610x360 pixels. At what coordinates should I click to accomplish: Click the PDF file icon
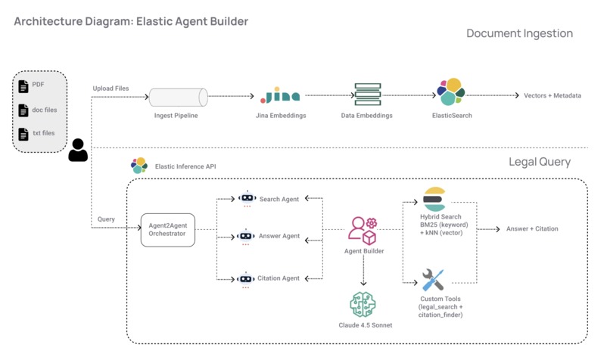pos(23,86)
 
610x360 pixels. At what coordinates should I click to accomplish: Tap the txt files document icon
pos(23,134)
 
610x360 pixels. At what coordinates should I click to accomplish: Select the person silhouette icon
pos(78,151)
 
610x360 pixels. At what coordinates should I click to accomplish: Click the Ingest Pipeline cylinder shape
pos(179,98)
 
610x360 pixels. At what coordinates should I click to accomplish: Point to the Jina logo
pos(280,97)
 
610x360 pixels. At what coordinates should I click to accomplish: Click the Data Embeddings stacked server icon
pos(368,95)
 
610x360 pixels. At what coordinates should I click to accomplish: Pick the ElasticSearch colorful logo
pos(451,92)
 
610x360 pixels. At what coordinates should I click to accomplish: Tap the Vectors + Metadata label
pos(552,96)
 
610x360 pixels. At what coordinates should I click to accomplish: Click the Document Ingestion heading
pos(519,33)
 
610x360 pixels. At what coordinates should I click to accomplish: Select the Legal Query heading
pos(540,162)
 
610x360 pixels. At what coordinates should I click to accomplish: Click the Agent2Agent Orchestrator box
pos(168,230)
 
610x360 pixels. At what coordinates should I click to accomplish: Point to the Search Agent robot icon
pos(247,199)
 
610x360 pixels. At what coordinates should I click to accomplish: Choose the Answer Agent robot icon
pos(247,237)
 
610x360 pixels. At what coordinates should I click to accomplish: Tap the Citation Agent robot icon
pos(247,279)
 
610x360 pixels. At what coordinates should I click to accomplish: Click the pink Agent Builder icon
pos(363,230)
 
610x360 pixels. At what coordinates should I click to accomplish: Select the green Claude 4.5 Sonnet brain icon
pos(363,304)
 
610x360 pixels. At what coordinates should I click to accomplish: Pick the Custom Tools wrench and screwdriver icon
pos(433,280)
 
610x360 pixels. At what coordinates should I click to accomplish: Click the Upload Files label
pos(110,88)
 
